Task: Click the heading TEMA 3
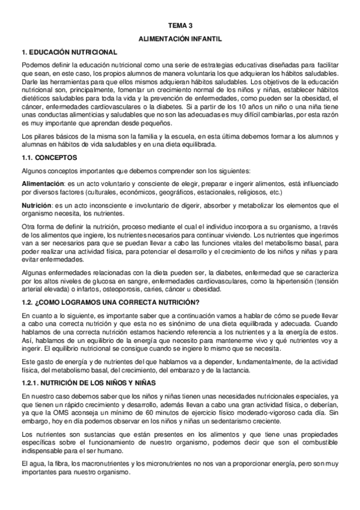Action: [180, 26]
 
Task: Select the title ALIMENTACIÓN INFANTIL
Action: [180, 38]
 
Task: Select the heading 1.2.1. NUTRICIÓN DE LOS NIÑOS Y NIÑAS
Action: [88, 382]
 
